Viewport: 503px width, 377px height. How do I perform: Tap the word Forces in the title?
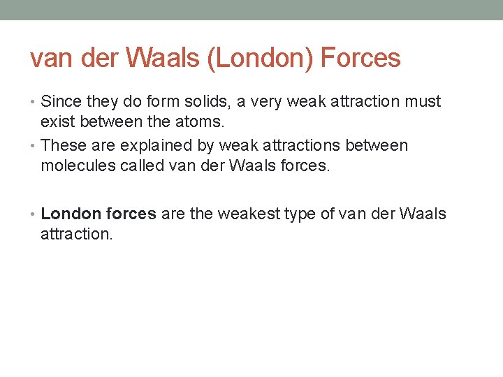click(x=360, y=59)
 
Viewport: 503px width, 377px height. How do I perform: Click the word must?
click(x=423, y=102)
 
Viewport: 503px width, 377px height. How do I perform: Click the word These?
click(x=62, y=146)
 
